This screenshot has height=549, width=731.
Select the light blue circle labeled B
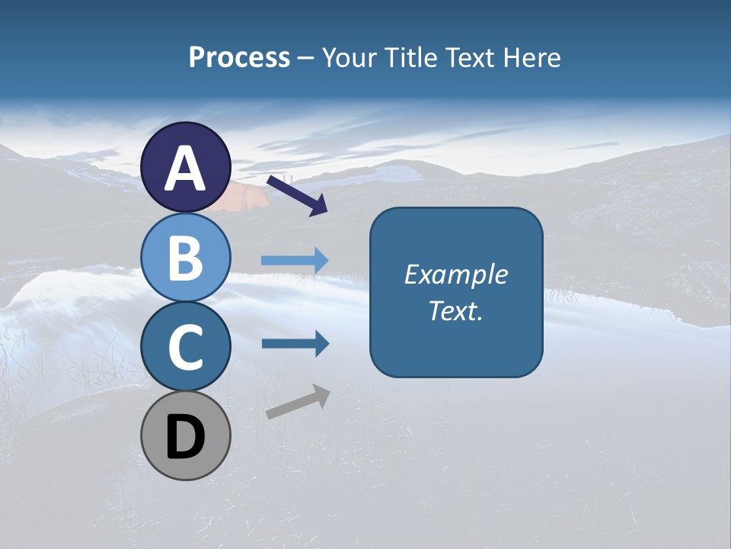pos(186,258)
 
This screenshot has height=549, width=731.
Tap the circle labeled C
pos(186,347)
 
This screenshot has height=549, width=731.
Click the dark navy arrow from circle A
pos(297,194)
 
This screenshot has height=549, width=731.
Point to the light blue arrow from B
pos(295,261)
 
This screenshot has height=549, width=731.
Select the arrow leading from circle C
pos(295,344)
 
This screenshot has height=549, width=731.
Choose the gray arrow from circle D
pos(298,402)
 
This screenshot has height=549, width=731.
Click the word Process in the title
pos(239,58)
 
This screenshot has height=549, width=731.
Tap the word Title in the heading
pos(409,58)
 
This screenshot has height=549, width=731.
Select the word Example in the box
pos(455,274)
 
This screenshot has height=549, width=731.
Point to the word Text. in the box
pos(455,310)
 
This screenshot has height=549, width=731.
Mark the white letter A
pos(186,169)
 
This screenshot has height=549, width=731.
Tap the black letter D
pos(186,438)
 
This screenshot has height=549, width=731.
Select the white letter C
pos(186,347)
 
